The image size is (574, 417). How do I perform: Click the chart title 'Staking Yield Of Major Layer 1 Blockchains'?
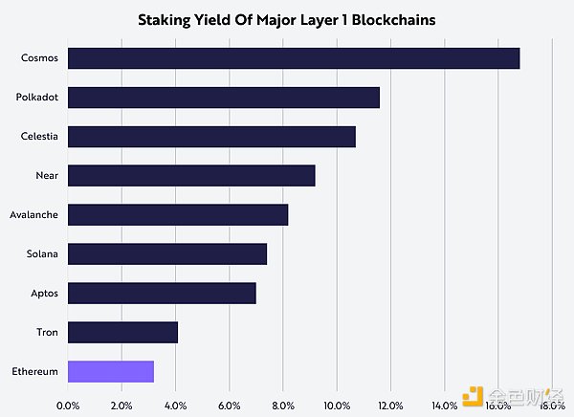[287, 19]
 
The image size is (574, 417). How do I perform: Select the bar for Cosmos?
[294, 58]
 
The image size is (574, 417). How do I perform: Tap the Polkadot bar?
[224, 98]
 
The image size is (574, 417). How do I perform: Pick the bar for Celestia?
[211, 137]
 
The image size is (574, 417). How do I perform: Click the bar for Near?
[191, 176]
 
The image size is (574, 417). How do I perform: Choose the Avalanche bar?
[178, 214]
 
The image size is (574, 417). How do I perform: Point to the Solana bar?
[167, 253]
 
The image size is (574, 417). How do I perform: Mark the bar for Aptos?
[162, 293]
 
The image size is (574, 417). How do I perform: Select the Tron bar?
[122, 332]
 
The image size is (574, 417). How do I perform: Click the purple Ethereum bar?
[111, 371]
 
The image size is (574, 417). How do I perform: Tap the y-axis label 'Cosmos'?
[39, 58]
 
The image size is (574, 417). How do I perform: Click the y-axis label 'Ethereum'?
[34, 371]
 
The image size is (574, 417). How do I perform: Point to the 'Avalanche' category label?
[33, 214]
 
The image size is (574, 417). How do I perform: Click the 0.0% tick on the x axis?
[68, 406]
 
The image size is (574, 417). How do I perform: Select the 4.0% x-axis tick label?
[175, 406]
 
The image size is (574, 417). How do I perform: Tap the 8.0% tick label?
[283, 406]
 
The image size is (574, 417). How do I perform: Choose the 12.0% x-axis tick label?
[390, 406]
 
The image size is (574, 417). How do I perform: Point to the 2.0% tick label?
[121, 406]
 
